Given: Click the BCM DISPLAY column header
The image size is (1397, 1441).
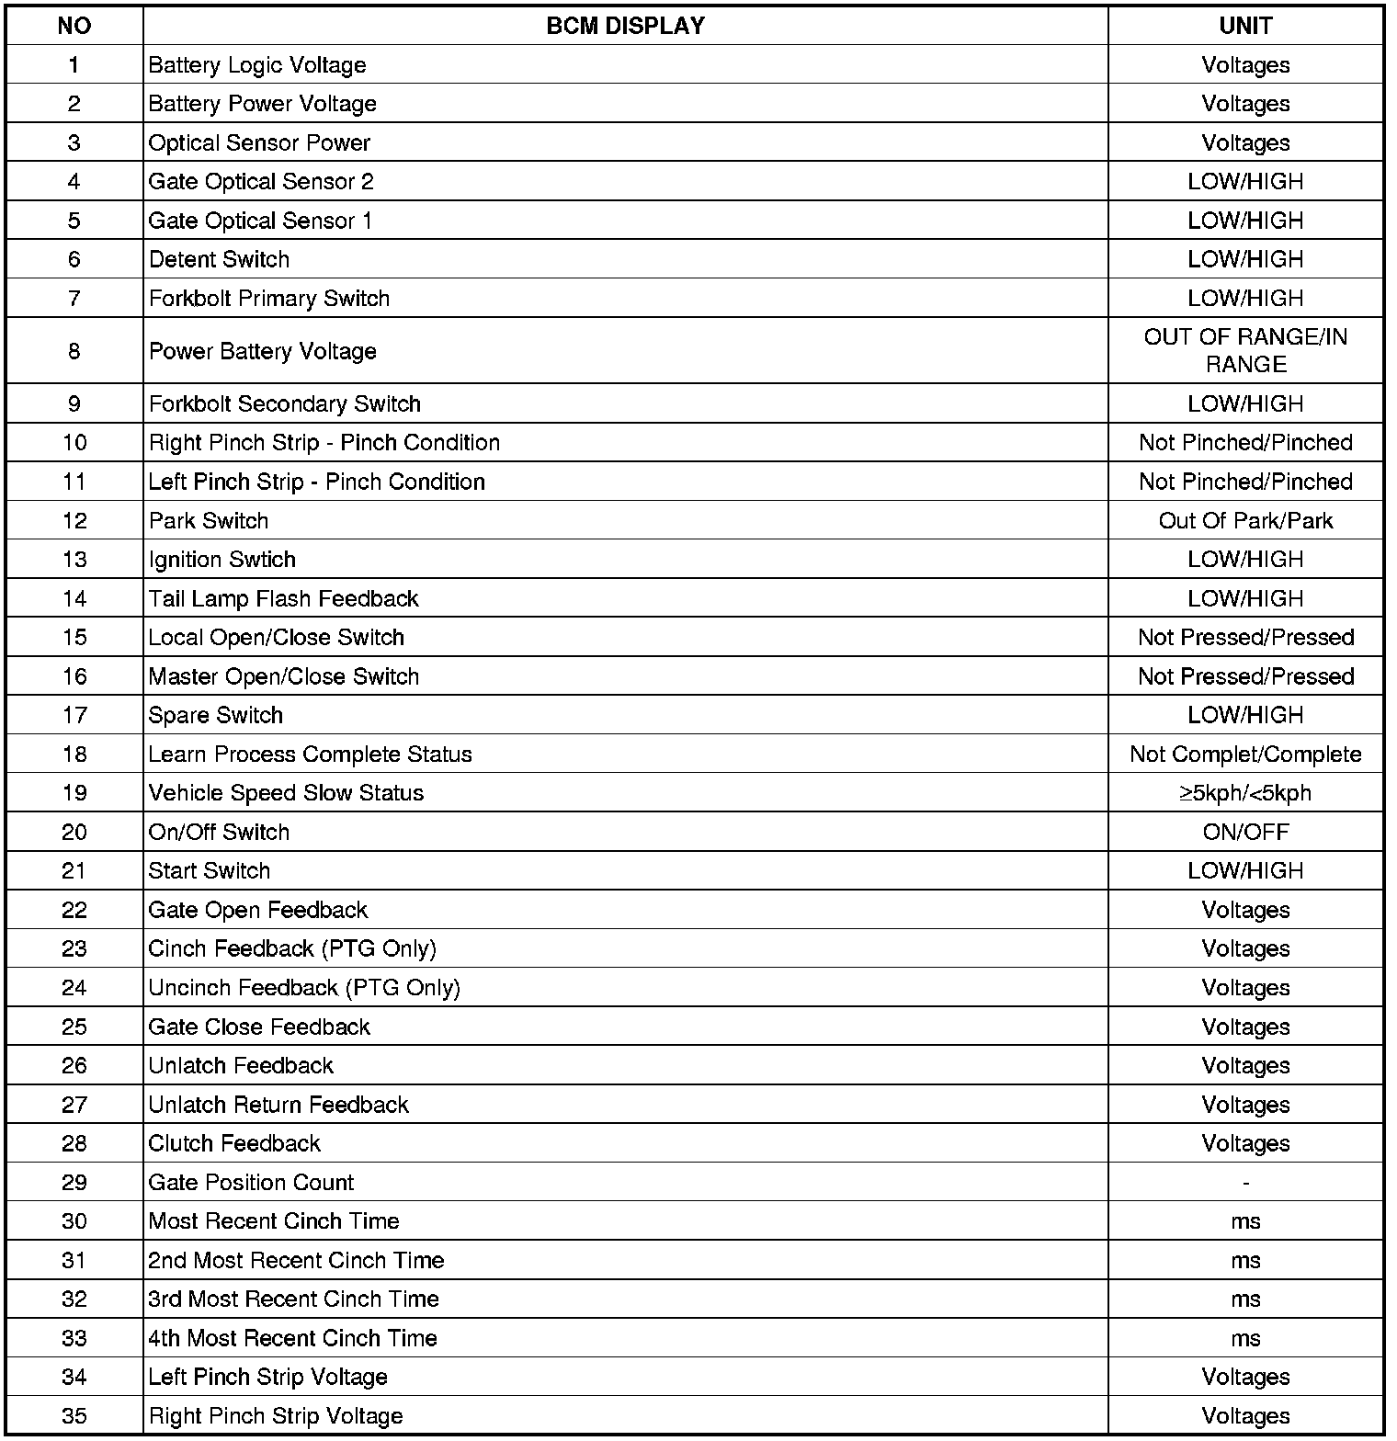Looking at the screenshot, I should (625, 26).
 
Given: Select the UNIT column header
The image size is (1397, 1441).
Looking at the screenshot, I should (1245, 26).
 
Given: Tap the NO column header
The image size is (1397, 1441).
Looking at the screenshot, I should (74, 26).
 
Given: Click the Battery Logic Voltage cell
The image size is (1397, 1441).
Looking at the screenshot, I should (257, 65).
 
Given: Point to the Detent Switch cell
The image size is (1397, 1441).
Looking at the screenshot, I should (220, 260).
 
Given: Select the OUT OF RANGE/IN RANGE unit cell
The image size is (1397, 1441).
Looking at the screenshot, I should (1245, 351).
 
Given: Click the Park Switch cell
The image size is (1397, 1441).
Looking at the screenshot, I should (209, 521).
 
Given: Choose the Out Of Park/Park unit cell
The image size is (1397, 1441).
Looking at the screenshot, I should (1245, 521).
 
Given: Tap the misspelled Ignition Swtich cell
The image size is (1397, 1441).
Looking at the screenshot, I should (222, 560).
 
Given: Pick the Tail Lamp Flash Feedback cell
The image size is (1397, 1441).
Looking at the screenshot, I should (284, 599).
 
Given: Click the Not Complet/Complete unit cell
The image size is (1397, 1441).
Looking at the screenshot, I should (1245, 755).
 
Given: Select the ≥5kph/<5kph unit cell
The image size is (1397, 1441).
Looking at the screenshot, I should (1245, 793).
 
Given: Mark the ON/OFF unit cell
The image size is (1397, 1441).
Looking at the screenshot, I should (1245, 833).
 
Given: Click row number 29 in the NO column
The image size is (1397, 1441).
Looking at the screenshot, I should (74, 1183).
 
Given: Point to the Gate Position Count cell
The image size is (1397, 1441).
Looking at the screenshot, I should (251, 1183).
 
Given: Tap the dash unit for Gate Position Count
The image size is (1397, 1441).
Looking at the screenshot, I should (1245, 1183).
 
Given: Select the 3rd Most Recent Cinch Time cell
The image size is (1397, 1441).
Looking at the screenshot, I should (294, 1299).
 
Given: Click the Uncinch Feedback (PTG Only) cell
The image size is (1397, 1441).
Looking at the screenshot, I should (304, 988).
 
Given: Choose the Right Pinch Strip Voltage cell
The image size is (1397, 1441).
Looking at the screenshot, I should (276, 1416).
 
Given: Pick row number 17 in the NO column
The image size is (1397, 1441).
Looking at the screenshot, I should (74, 716).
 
